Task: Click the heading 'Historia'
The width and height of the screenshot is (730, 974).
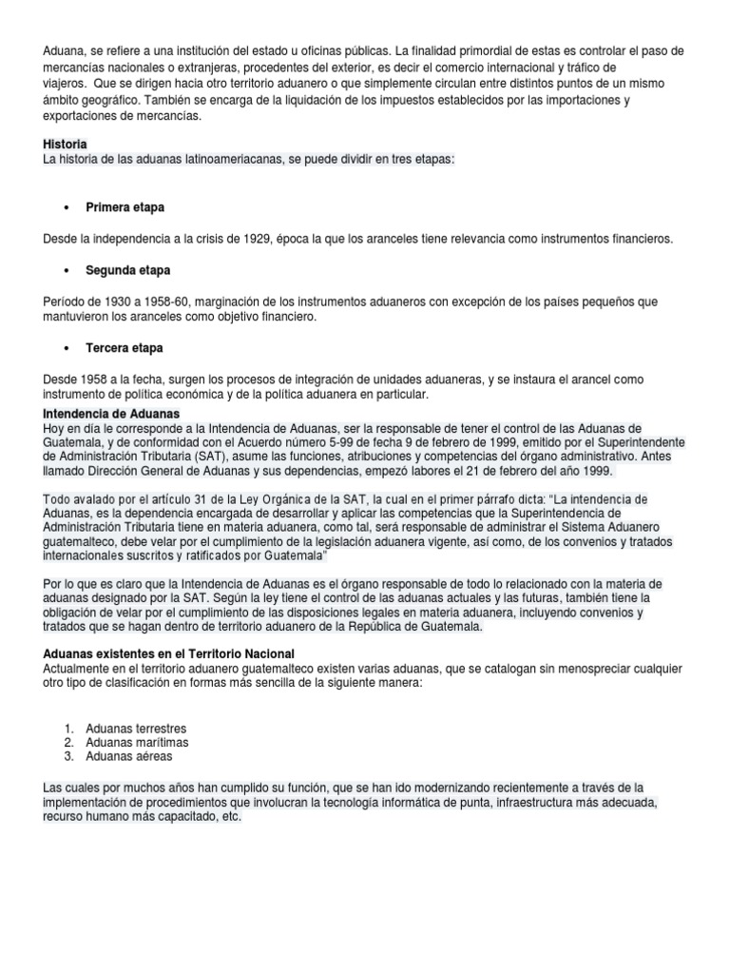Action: point(66,143)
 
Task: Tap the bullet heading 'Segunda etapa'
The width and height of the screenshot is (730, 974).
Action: point(128,270)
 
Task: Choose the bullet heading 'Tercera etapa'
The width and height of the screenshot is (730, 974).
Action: point(125,349)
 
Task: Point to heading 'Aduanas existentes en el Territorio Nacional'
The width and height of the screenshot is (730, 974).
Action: point(169,653)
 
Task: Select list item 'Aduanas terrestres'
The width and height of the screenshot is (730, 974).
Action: point(136,728)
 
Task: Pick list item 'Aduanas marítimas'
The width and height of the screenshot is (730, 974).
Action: point(137,742)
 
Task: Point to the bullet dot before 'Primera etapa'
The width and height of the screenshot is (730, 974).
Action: point(66,206)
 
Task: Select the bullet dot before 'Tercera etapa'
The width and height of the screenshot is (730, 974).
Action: point(66,350)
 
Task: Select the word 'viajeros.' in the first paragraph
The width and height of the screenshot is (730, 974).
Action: point(67,83)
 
